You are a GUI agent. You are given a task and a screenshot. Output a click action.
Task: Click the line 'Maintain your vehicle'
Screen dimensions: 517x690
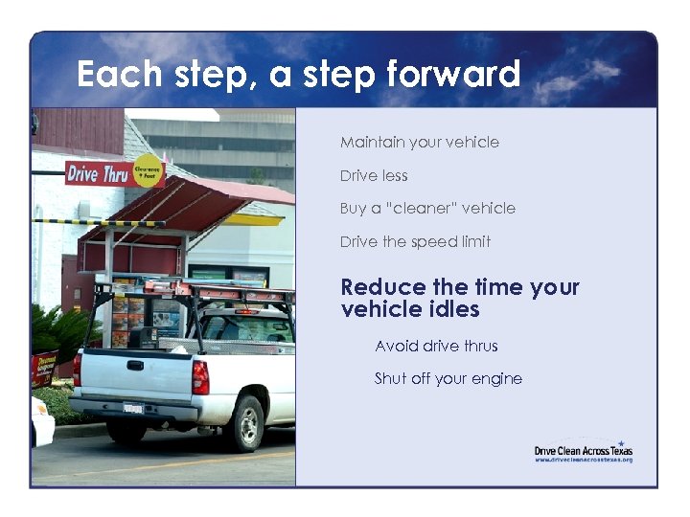[420, 143]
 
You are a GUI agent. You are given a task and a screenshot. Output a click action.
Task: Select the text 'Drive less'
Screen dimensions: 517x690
[374, 176]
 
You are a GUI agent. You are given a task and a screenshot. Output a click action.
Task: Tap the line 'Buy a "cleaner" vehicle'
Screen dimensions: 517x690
[427, 209]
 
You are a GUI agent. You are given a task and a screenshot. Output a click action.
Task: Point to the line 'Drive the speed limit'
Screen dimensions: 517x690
[415, 242]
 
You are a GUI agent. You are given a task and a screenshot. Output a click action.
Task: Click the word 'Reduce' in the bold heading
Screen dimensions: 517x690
[383, 287]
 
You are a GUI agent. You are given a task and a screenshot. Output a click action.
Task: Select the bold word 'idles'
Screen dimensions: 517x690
[454, 309]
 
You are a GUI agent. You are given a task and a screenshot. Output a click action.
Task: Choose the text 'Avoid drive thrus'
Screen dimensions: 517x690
[436, 346]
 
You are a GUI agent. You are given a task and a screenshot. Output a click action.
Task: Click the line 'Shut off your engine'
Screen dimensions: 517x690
[448, 378]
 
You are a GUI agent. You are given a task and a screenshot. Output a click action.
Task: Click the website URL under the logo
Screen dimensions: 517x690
[584, 461]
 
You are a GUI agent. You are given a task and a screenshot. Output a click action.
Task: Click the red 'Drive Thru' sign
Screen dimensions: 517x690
[97, 174]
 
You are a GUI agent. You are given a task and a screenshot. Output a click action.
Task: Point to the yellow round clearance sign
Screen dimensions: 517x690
[149, 169]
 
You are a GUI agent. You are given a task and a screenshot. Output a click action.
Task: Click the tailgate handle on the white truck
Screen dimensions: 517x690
[135, 365]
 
